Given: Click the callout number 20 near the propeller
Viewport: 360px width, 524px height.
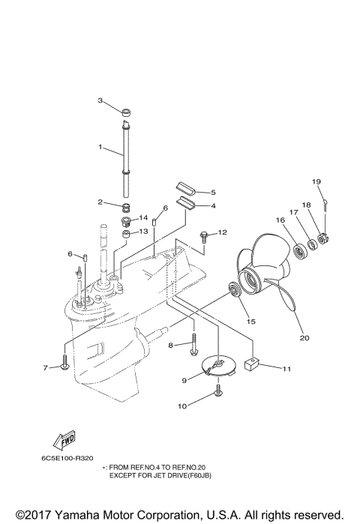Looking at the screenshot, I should pos(304,337).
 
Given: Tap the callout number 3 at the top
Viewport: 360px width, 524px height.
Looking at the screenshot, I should pos(100,100).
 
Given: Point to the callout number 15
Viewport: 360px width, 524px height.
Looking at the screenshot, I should pos(251,321).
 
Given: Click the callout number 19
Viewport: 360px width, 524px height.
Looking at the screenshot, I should pos(316,182).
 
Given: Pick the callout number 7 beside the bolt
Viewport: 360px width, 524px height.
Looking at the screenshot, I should pos(45,367).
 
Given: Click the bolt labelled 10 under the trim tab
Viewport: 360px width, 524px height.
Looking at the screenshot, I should pos(218,389).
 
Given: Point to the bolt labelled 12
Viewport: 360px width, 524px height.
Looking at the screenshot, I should pos(204,238).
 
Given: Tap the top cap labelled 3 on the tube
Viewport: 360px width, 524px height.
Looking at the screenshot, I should pos(127,114).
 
